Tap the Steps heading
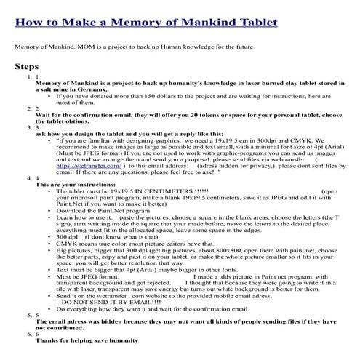(x=28, y=67)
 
